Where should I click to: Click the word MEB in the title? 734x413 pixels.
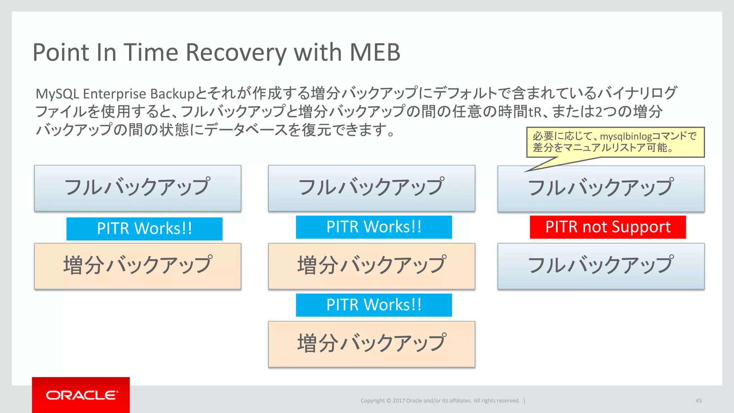click(x=375, y=53)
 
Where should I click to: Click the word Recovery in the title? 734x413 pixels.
click(x=236, y=53)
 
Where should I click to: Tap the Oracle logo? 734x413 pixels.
click(x=81, y=395)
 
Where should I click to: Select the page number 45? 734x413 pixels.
click(x=699, y=400)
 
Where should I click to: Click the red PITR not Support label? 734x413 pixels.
click(x=607, y=227)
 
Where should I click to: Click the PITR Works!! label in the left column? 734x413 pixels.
click(x=144, y=229)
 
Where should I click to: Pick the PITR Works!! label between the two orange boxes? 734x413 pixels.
click(x=373, y=305)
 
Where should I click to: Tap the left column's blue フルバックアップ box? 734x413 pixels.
click(x=138, y=188)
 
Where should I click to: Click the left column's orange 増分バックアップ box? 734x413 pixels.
click(x=138, y=266)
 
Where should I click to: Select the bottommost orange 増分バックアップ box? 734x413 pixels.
click(x=371, y=344)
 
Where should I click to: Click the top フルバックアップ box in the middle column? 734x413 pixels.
click(x=371, y=188)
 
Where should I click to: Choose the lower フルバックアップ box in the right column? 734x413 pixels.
click(x=601, y=266)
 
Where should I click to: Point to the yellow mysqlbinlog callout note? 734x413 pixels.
click(x=615, y=142)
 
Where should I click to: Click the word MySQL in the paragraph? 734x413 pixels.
click(x=57, y=94)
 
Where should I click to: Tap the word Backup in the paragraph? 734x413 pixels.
click(x=172, y=94)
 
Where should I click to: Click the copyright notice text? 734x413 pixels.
click(x=440, y=400)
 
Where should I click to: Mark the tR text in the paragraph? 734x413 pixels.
click(x=534, y=112)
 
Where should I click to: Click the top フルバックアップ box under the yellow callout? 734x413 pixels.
click(x=601, y=189)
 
